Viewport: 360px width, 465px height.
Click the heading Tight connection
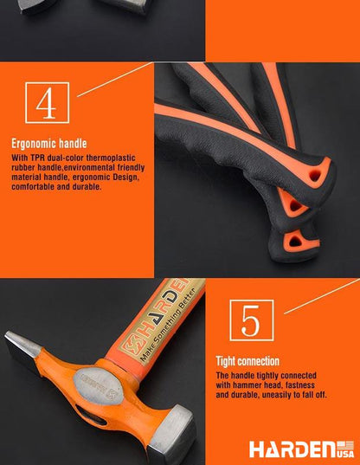tap(247, 360)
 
